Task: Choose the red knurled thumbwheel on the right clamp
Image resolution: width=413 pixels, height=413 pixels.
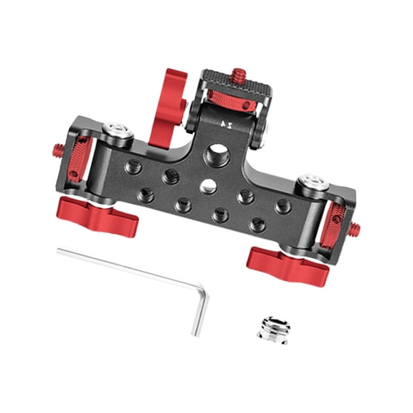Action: tap(334, 219)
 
